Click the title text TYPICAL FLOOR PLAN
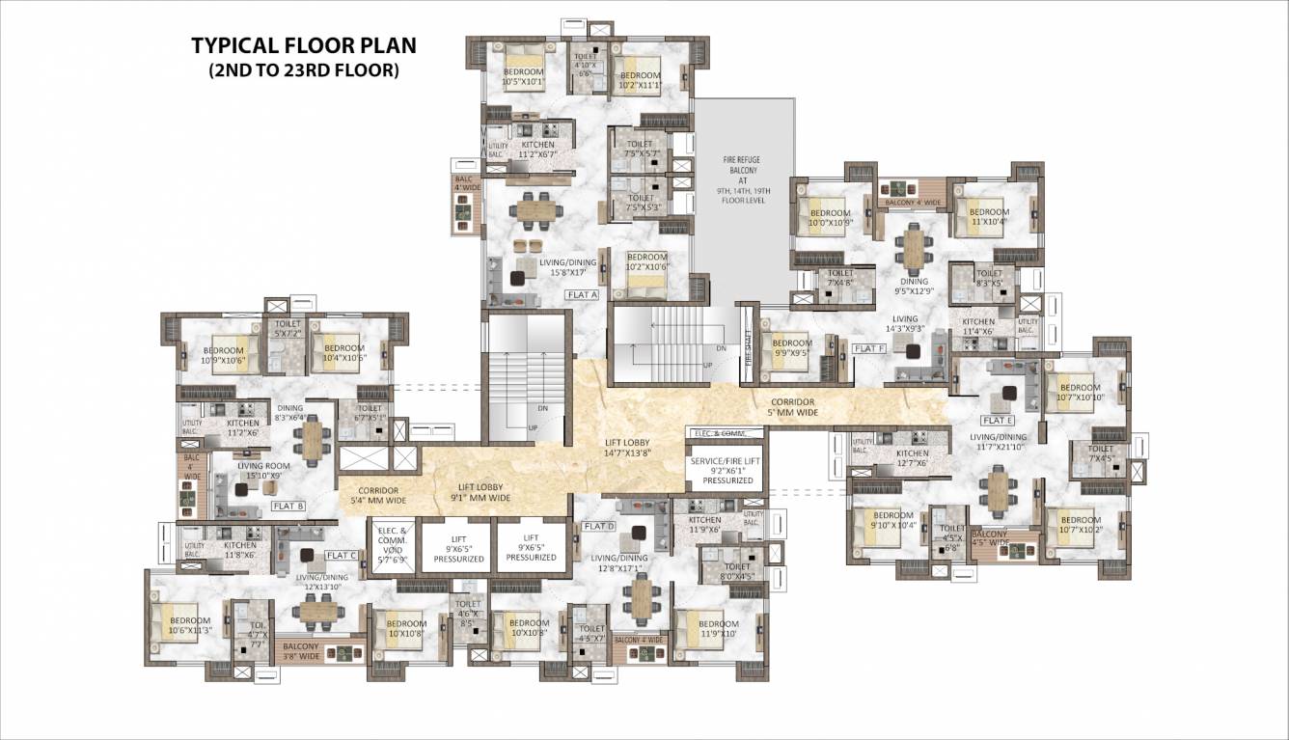[303, 46]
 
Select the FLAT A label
[583, 294]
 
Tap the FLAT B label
[288, 506]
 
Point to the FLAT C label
[342, 555]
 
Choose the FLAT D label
[598, 526]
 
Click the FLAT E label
[997, 421]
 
